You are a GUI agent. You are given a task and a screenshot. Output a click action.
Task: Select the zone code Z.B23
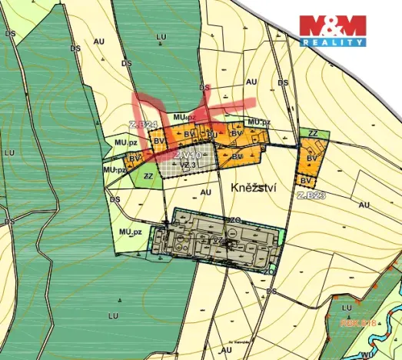coord(312,195)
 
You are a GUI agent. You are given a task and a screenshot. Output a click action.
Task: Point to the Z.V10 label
coord(187,155)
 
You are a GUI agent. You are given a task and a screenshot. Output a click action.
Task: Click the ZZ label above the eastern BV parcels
coord(313,134)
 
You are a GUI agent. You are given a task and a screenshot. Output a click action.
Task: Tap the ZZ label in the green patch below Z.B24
coord(148,175)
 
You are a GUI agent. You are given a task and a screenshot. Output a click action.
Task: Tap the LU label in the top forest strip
coord(161,36)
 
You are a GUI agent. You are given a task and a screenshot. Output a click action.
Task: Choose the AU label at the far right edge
coord(364,205)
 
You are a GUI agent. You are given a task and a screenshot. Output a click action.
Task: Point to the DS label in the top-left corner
coord(10,34)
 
